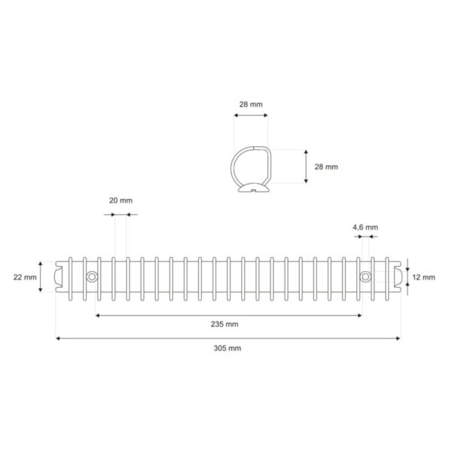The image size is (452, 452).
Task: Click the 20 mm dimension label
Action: (x=121, y=200)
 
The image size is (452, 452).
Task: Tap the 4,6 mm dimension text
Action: (x=365, y=227)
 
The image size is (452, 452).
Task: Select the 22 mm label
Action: (x=25, y=277)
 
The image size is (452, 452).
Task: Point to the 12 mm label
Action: (x=424, y=277)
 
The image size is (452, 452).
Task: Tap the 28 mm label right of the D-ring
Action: (x=326, y=166)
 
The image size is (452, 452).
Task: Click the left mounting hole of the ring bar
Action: (x=92, y=277)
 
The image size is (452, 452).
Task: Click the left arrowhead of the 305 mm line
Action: (x=59, y=338)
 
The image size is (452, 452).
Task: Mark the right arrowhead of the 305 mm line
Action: (x=398, y=338)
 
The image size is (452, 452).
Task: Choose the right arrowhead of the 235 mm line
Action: (x=362, y=315)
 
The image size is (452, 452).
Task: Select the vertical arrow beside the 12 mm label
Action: (x=407, y=276)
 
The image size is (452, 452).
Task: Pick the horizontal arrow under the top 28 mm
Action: (x=249, y=116)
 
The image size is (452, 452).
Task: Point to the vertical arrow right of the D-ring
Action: (x=305, y=166)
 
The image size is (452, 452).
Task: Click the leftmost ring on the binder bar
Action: (x=69, y=277)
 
